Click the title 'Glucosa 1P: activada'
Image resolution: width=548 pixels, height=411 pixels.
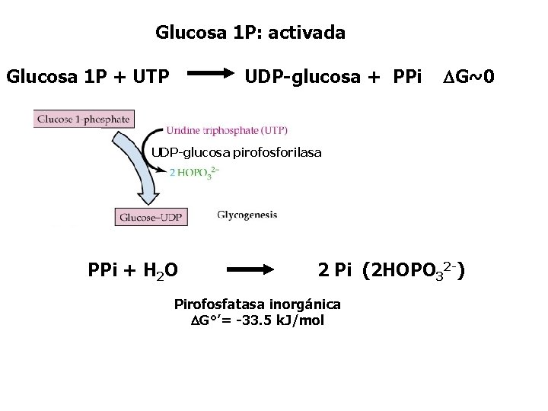pos(250,33)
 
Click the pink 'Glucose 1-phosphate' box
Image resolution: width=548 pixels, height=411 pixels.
pos(84,119)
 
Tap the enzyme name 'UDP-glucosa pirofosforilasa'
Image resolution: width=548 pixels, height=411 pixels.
pos(235,153)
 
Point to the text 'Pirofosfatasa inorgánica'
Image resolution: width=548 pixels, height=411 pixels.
pos(257,304)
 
